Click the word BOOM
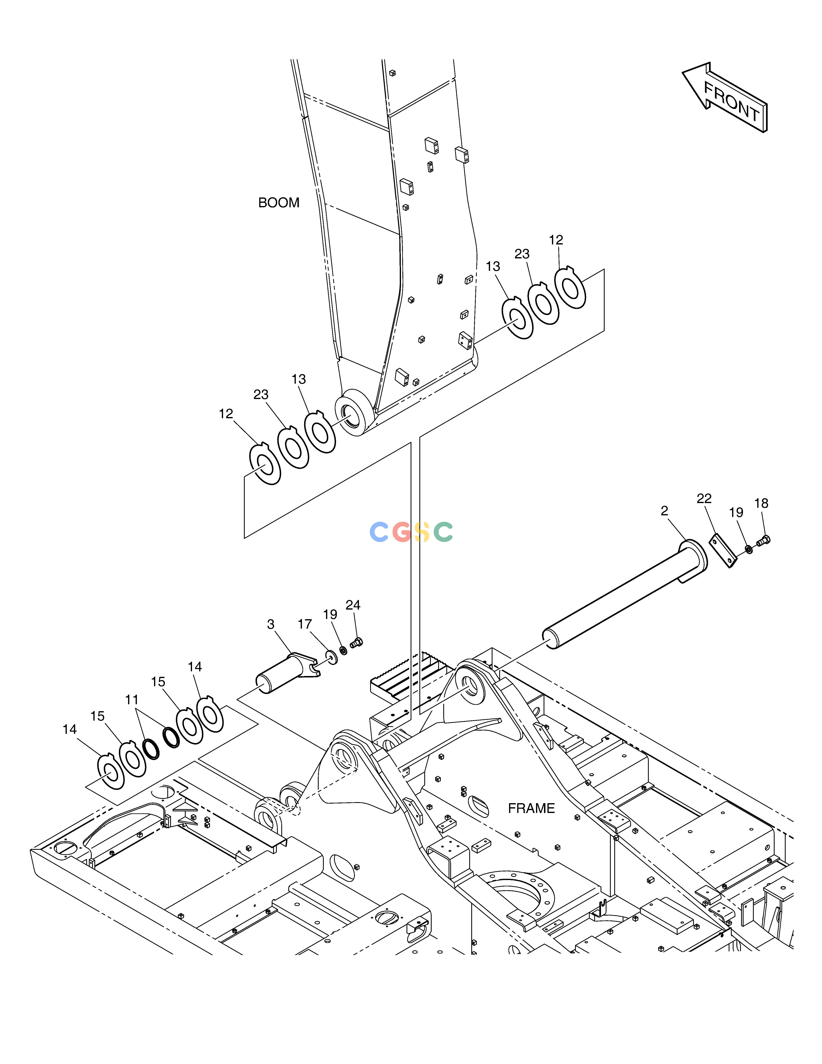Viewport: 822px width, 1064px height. click(x=279, y=203)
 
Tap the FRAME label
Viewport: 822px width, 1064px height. click(x=531, y=808)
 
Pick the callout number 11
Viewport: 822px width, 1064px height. click(x=132, y=700)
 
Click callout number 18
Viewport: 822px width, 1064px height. click(x=761, y=503)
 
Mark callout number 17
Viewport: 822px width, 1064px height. click(x=305, y=624)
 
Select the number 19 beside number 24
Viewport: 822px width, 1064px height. click(x=330, y=614)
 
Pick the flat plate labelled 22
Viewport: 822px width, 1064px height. click(x=722, y=551)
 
